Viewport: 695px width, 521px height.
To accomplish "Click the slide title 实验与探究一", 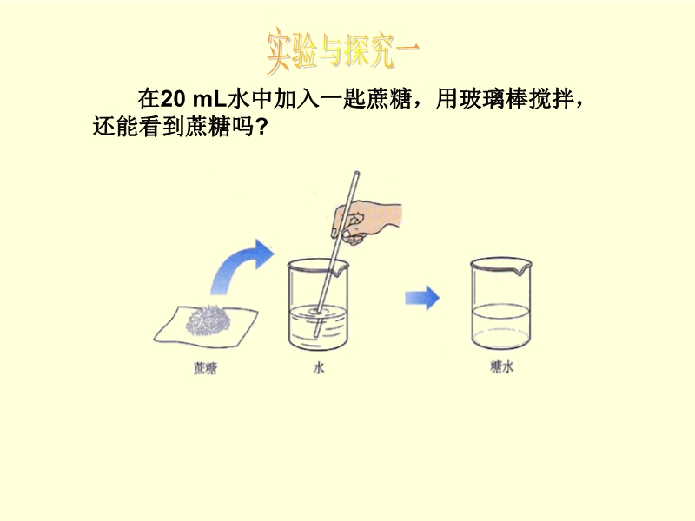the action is (343, 52).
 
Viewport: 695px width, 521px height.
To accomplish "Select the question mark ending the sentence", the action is (261, 127).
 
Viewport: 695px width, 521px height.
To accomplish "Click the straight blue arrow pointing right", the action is (422, 298).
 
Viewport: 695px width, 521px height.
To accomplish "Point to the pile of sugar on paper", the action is (208, 320).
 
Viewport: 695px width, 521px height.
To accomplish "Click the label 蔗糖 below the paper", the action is (205, 368).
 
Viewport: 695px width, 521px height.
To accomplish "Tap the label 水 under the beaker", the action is (319, 367).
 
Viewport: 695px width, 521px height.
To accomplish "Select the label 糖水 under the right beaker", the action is (501, 366).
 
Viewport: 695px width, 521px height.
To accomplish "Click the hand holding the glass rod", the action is (367, 221).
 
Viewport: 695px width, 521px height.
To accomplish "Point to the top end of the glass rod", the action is (357, 173).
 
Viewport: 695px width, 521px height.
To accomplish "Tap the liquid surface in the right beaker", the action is (501, 310).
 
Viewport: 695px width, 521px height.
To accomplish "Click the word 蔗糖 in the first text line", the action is (389, 99).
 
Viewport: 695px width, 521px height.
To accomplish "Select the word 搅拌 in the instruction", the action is (552, 99).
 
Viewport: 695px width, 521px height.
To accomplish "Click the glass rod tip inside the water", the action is (315, 335).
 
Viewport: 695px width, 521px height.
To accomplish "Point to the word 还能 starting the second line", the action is (116, 127).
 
